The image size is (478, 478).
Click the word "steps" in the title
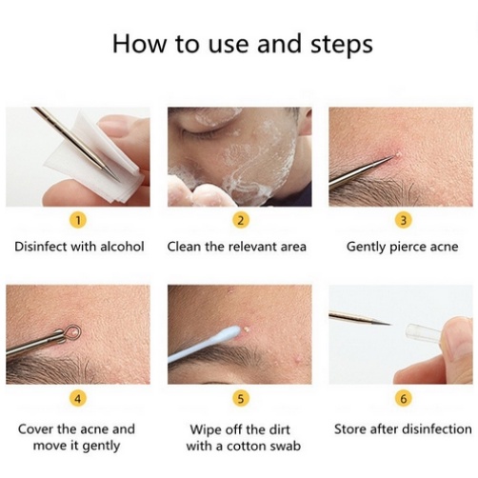click(341, 45)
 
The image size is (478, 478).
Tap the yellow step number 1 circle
click(78, 220)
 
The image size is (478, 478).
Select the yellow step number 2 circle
click(241, 220)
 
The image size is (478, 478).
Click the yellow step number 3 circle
click(403, 220)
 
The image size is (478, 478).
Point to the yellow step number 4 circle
click(78, 398)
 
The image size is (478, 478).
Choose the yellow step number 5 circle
click(241, 398)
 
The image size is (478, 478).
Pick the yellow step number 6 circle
click(403, 398)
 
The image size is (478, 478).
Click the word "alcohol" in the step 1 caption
click(122, 247)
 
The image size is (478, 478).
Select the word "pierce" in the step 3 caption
click(408, 248)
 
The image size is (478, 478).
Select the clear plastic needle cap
click(422, 332)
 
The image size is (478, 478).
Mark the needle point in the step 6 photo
click(389, 324)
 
